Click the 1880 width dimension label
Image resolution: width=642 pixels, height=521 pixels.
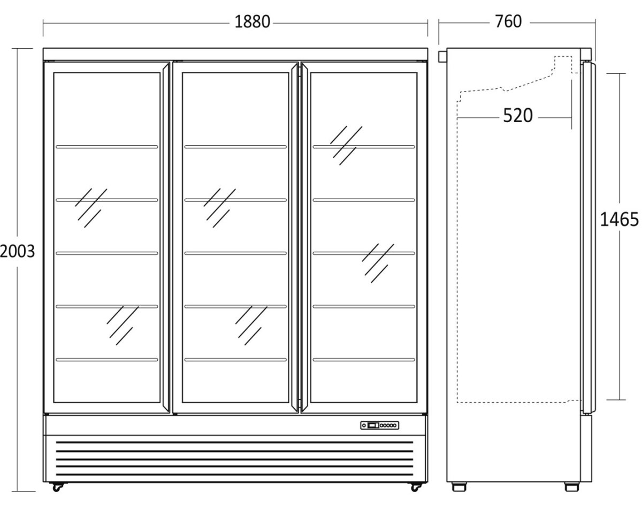[252, 22]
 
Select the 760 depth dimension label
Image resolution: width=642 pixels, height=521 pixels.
[508, 22]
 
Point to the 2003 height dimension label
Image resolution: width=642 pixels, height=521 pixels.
[17, 251]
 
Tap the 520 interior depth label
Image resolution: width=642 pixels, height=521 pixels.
[518, 116]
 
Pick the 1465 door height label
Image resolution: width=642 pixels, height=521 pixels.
[620, 220]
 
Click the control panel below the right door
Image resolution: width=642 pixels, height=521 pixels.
[380, 425]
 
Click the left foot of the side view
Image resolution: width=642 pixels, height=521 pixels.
[459, 487]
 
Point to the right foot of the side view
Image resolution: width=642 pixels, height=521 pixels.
[571, 487]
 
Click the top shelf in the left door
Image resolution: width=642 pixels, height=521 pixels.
[106, 147]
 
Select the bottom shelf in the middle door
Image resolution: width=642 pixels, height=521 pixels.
[235, 360]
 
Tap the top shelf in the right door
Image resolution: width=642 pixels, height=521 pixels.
[364, 147]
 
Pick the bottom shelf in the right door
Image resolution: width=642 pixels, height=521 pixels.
[364, 360]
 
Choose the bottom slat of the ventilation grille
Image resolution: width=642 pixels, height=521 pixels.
[234, 474]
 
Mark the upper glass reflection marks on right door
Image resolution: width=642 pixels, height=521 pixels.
[346, 146]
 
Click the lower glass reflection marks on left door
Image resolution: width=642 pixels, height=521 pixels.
[123, 326]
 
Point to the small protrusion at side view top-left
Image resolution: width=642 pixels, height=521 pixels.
[442, 56]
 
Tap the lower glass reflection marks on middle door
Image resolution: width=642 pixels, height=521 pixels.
[251, 326]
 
